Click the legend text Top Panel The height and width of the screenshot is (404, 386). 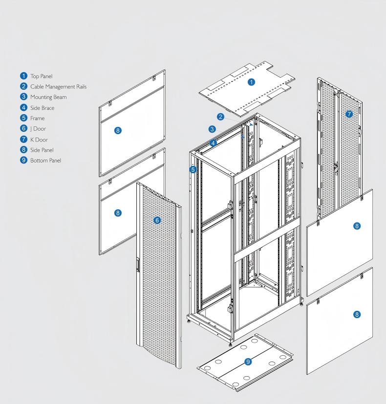pos(41,76)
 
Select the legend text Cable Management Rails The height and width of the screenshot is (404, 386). pos(58,87)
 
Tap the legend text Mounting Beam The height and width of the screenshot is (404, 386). pos(48,97)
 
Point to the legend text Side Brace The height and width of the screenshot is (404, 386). pos(42,108)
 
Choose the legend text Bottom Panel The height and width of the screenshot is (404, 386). pos(45,161)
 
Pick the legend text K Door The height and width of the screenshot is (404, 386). pos(39,140)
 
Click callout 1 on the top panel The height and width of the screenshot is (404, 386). pos(252,82)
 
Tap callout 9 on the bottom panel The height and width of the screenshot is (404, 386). pos(248,362)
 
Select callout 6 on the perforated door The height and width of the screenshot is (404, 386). pos(157,221)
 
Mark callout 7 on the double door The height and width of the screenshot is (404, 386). pos(349,114)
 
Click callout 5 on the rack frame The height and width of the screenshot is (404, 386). pos(193,170)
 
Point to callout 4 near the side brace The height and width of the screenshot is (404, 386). pos(214,143)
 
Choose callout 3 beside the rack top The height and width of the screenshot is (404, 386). pos(212,129)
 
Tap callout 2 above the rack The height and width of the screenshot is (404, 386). pos(221,117)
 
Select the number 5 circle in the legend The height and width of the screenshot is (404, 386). pos(23,118)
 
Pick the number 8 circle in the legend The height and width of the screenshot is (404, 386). pos(23,150)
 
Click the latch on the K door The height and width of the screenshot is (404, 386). pos(336,166)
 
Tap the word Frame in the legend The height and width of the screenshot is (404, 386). pos(37,118)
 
